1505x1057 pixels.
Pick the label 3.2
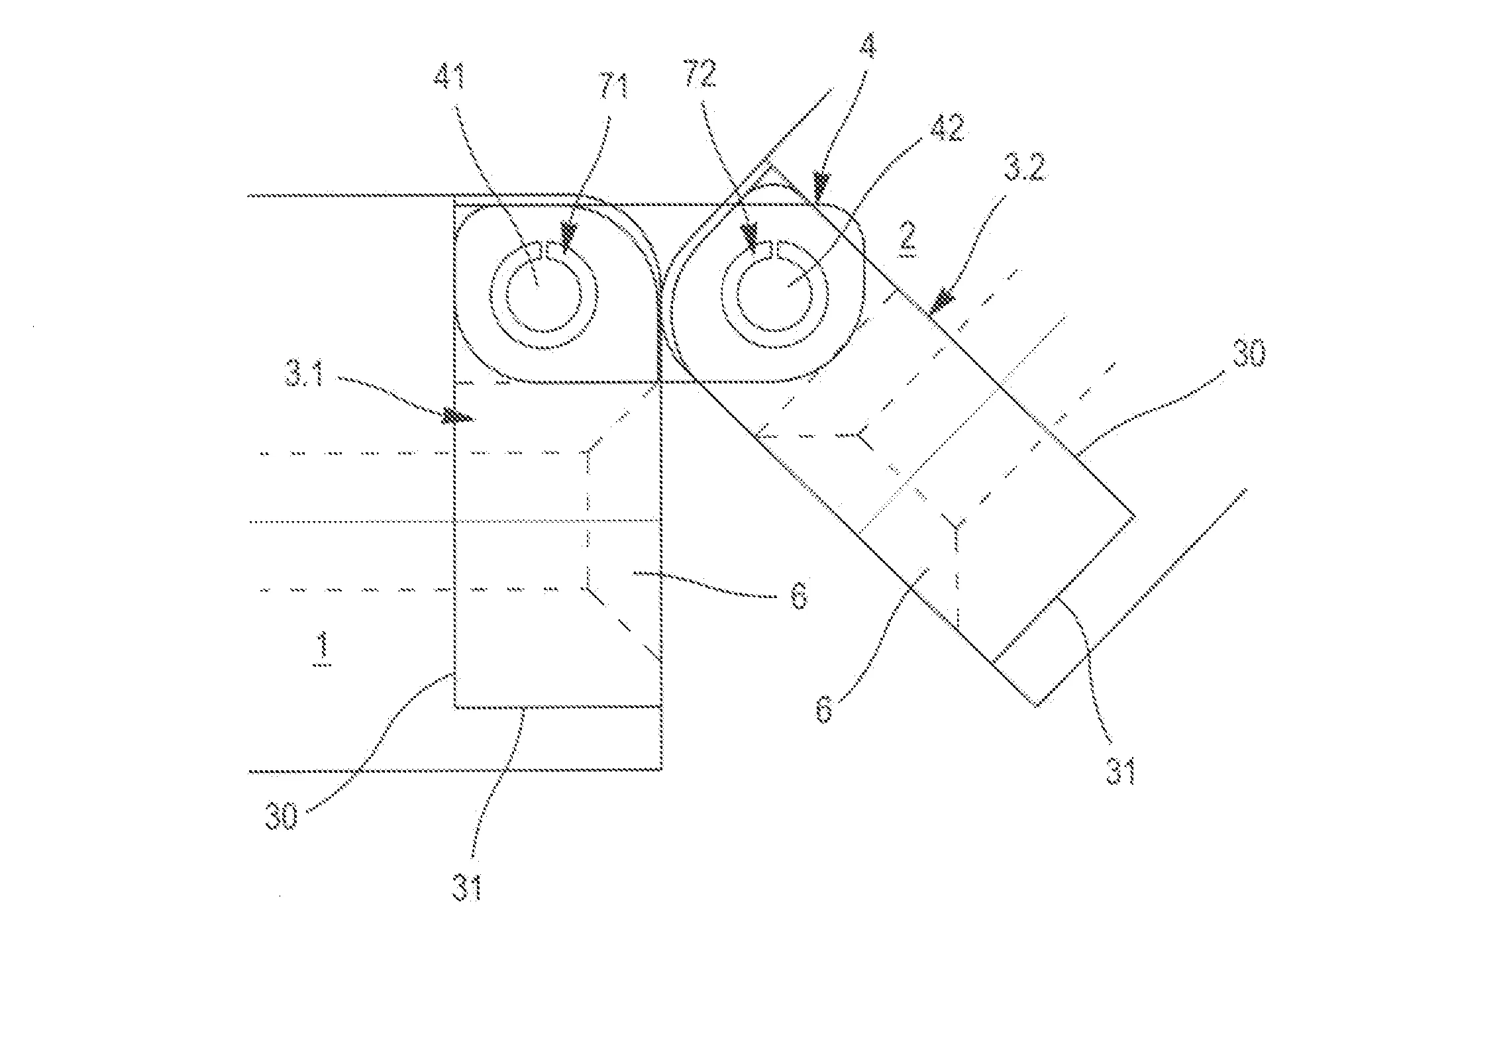tap(1025, 168)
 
